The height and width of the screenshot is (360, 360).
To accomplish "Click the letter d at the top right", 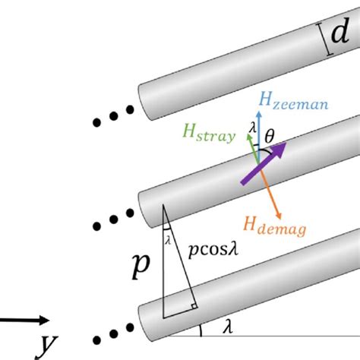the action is point(340,31).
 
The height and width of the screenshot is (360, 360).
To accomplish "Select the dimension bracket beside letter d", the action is point(324,39).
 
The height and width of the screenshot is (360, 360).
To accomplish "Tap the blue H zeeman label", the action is point(294,101).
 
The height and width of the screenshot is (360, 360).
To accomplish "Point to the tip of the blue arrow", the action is point(259,112).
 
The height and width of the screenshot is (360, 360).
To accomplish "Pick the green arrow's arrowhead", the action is point(249,137).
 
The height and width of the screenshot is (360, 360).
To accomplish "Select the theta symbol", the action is point(270,136).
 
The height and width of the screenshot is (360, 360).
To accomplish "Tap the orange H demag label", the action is point(275,226).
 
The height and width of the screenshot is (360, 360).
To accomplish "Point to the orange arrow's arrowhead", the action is point(279,216).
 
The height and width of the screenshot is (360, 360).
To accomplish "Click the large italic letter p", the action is point(141,266).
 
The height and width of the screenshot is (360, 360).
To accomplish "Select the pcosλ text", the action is point(213,251).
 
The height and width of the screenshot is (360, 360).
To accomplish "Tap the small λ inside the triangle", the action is point(168,240).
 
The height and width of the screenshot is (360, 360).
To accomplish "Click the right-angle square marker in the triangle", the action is point(194,306).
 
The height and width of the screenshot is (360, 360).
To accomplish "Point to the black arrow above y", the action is point(24,320).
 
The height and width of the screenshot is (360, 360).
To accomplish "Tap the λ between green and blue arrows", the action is point(252,128).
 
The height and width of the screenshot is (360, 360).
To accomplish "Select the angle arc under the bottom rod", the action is point(201,330).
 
